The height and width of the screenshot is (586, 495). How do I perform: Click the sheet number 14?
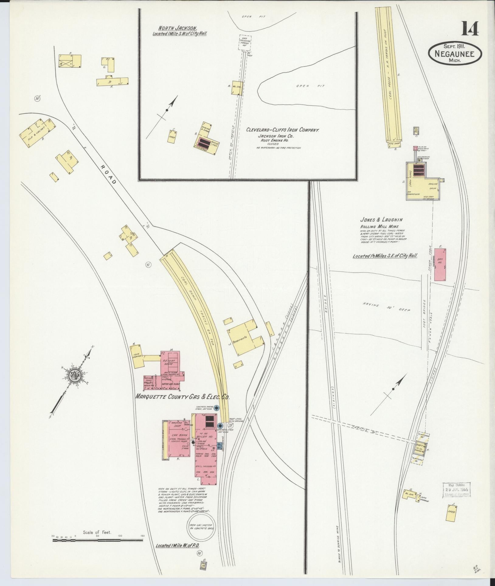(x=470, y=29)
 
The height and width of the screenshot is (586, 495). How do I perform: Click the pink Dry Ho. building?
(x=440, y=265)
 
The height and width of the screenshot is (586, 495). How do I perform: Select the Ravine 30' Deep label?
(x=386, y=307)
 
